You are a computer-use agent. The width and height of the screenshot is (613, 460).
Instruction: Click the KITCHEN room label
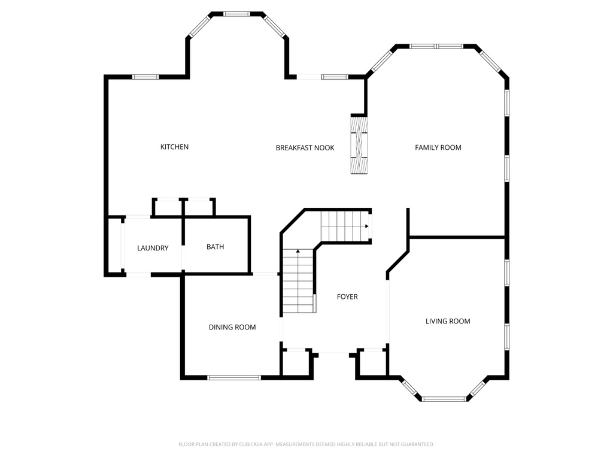point(174,147)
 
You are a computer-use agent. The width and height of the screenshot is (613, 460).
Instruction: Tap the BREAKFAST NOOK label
point(305,148)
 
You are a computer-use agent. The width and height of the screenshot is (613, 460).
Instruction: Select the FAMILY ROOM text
point(438,147)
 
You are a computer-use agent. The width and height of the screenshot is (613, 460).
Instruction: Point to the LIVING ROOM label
point(448,321)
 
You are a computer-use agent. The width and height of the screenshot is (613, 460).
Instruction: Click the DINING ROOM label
point(232,327)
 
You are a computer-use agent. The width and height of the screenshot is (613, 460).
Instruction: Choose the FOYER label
point(347,297)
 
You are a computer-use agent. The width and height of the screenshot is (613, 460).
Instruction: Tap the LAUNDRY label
point(153,248)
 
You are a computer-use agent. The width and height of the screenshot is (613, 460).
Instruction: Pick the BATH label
point(215,247)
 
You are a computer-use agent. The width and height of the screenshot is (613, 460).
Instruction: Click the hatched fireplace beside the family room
point(359,145)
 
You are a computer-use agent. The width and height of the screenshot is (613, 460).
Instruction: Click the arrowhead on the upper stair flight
point(367,226)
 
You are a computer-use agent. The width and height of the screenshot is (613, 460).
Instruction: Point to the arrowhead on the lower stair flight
point(298,251)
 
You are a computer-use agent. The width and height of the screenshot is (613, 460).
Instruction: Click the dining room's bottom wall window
point(234,377)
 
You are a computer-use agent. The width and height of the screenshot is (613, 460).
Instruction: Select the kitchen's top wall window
point(145,77)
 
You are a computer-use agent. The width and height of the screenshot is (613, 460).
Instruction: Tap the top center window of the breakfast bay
point(237,14)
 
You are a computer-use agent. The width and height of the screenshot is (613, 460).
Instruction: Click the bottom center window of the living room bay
point(444,399)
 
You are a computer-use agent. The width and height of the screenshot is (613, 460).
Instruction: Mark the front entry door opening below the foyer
point(334,353)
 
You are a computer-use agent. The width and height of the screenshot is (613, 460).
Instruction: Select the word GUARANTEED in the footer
point(419,444)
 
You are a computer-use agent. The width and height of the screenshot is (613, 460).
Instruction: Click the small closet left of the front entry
point(296,363)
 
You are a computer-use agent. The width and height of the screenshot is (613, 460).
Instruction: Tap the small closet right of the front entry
point(372,363)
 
